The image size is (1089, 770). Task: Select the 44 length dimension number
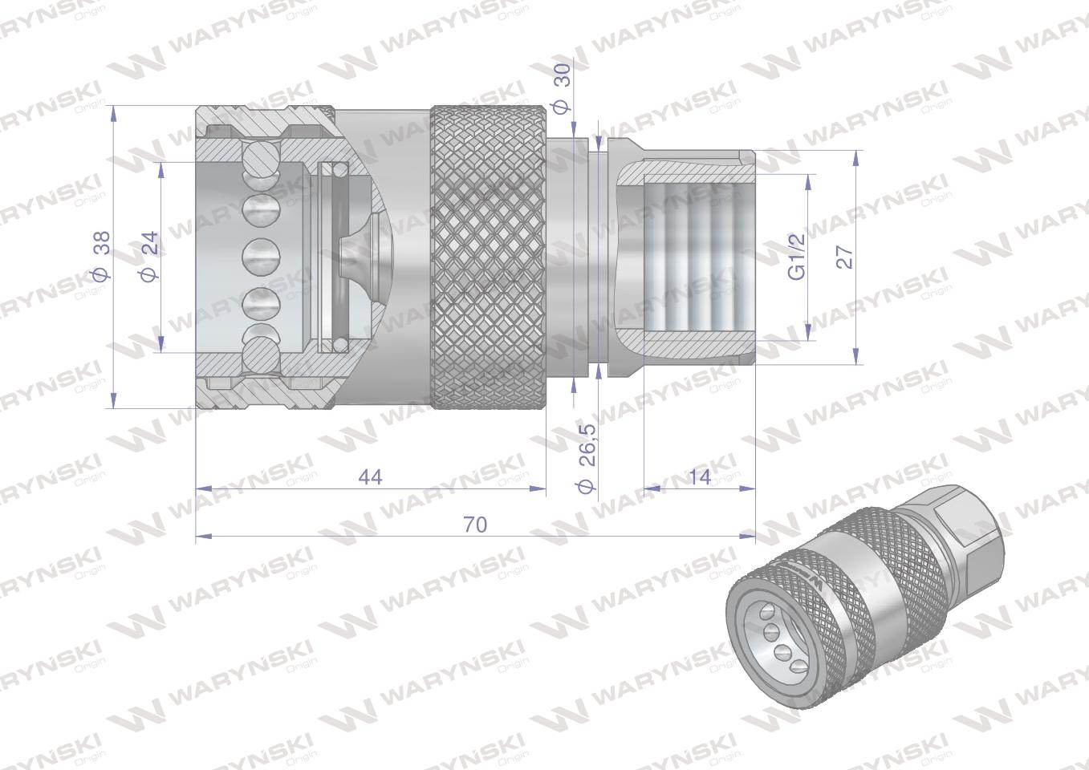point(370,477)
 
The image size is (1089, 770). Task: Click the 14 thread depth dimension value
point(699,477)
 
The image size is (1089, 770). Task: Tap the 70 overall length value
point(475,525)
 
